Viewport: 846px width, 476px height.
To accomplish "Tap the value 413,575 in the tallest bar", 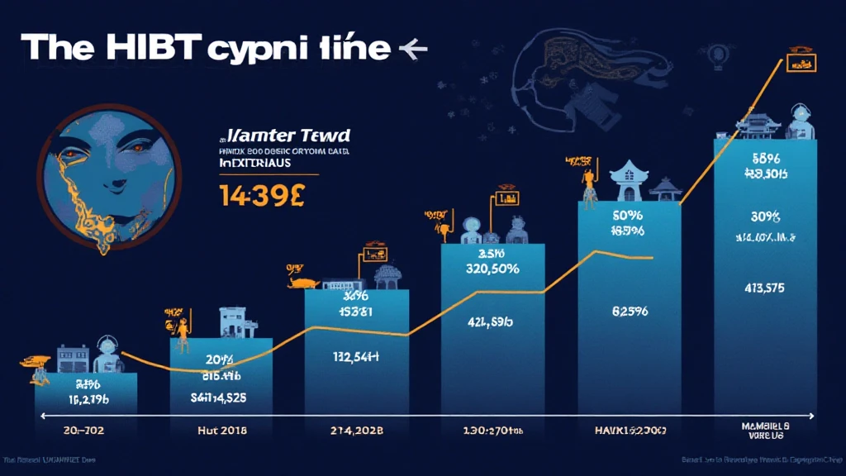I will pos(764,288).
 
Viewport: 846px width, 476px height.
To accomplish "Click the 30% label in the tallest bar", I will pos(764,217).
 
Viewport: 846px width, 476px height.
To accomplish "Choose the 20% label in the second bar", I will pos(219,360).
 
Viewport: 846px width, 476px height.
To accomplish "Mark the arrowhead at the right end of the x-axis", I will pos(813,416).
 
